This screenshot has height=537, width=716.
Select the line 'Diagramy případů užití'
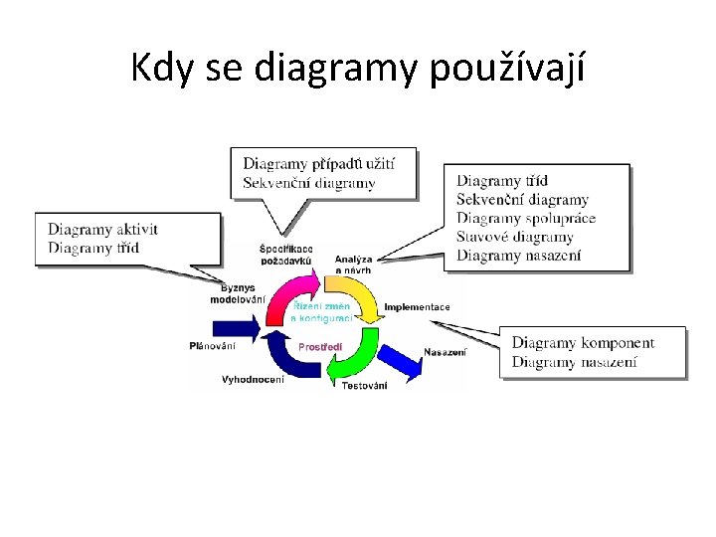318,163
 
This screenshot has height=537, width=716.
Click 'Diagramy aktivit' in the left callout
102,230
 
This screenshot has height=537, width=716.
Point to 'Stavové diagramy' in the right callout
514,237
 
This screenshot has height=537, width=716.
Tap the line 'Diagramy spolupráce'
525,218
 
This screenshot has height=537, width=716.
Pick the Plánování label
213,346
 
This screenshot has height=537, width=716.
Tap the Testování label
364,386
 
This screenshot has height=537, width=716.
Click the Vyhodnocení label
253,379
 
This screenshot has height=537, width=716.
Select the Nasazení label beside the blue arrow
445,352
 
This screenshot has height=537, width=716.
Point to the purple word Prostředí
320,346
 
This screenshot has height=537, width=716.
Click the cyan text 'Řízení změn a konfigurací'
321,312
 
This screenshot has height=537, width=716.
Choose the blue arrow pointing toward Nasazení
402,360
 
